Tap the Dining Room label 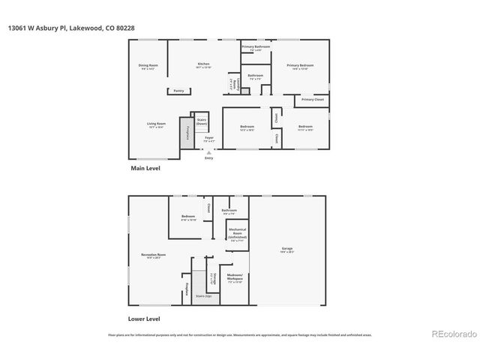[148, 67]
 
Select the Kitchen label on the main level [203, 65]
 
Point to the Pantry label [178, 91]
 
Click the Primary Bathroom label [255, 48]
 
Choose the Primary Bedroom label [299, 67]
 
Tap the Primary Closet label [312, 100]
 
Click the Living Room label [156, 126]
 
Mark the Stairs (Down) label [201, 121]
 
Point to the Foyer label [209, 139]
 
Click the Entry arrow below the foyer [208, 153]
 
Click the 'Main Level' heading [145, 169]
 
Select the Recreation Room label [153, 256]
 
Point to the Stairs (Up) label [203, 297]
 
